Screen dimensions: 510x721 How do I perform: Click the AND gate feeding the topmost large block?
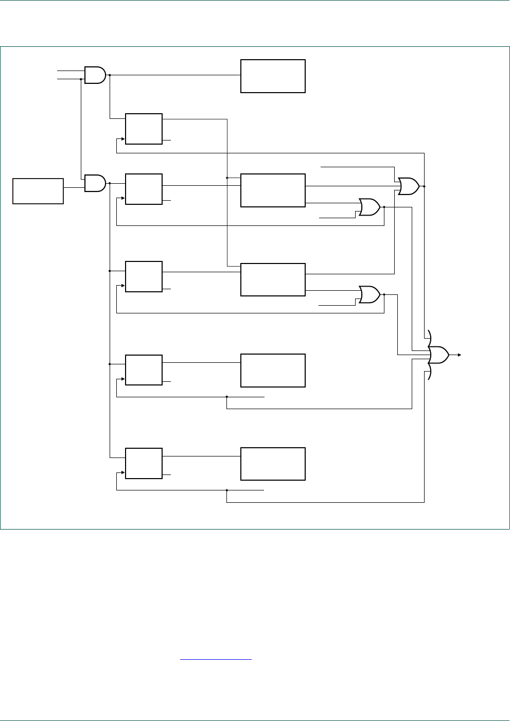(95, 75)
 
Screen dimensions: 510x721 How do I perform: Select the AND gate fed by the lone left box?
(95, 183)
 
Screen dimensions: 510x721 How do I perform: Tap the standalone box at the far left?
(38, 191)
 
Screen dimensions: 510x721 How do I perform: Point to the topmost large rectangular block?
(273, 76)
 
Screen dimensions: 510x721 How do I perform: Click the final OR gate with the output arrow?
(438, 355)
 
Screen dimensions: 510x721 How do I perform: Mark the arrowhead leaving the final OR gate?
(459, 355)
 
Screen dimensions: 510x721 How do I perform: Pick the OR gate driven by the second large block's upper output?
(409, 186)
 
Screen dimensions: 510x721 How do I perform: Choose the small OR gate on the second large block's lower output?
(370, 207)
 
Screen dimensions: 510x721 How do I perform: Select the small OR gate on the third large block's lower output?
(370, 295)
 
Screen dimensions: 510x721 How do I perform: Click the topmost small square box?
(144, 129)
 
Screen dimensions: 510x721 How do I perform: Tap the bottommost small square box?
(144, 463)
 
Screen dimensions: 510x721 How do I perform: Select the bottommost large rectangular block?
(273, 464)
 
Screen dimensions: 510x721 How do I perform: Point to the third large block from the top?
(273, 279)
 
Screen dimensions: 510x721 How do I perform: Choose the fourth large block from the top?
(273, 371)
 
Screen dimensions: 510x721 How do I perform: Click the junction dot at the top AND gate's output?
(110, 75)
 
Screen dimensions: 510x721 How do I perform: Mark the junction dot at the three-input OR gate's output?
(424, 186)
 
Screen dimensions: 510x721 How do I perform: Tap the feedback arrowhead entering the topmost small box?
(124, 139)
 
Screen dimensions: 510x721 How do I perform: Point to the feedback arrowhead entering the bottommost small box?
(124, 473)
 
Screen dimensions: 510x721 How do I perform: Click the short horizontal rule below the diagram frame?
(216, 659)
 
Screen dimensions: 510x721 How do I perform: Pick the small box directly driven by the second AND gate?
(144, 189)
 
